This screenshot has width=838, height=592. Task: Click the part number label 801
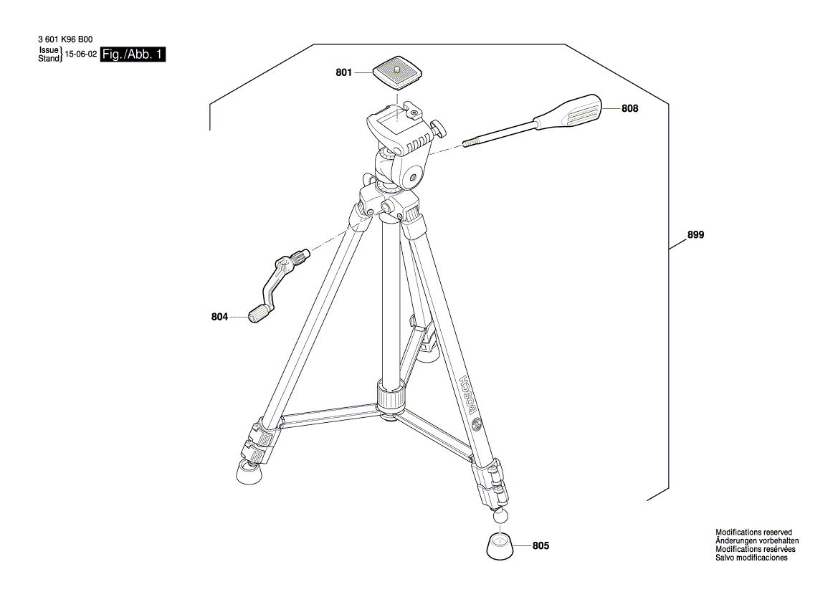pos(344,72)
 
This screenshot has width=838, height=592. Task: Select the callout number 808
pos(630,109)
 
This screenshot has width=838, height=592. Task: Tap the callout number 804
pos(220,316)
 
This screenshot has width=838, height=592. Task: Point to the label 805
pos(541,546)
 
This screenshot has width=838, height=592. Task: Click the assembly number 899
pos(695,234)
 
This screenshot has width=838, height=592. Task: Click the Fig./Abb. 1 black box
pos(133,54)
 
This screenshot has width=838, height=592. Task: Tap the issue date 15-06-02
pos(81,54)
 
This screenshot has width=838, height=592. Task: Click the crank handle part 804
pos(275,283)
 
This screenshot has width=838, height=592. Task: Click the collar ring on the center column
pos(390,396)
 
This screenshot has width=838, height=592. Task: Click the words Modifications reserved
pos(753,532)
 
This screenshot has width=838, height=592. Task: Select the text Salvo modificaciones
pos(751,558)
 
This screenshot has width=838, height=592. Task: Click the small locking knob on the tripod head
pos(437,129)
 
